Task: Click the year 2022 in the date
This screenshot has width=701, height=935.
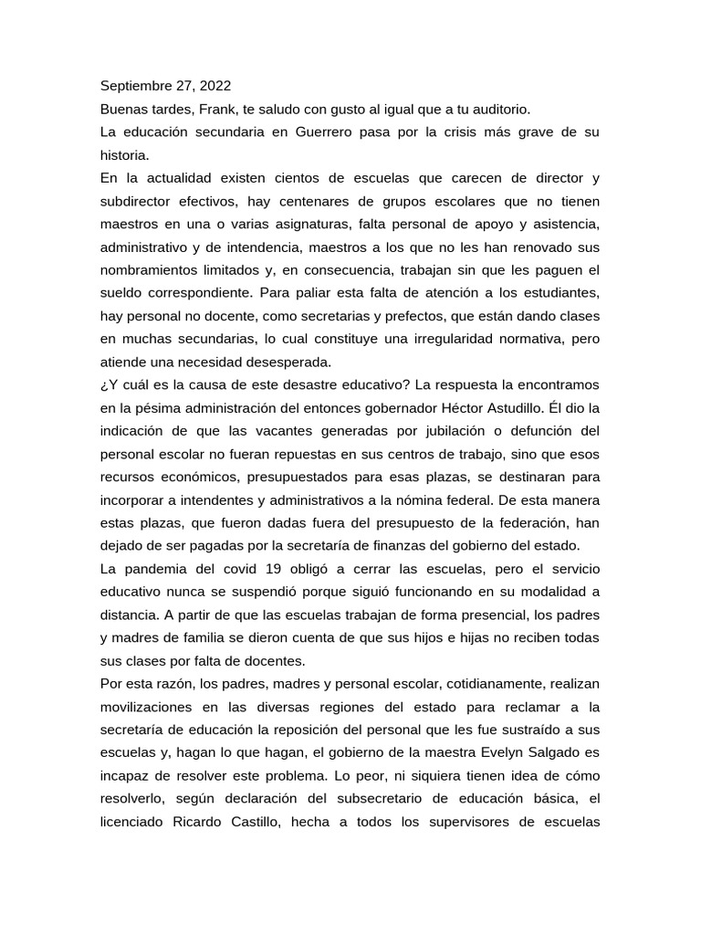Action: (213, 86)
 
